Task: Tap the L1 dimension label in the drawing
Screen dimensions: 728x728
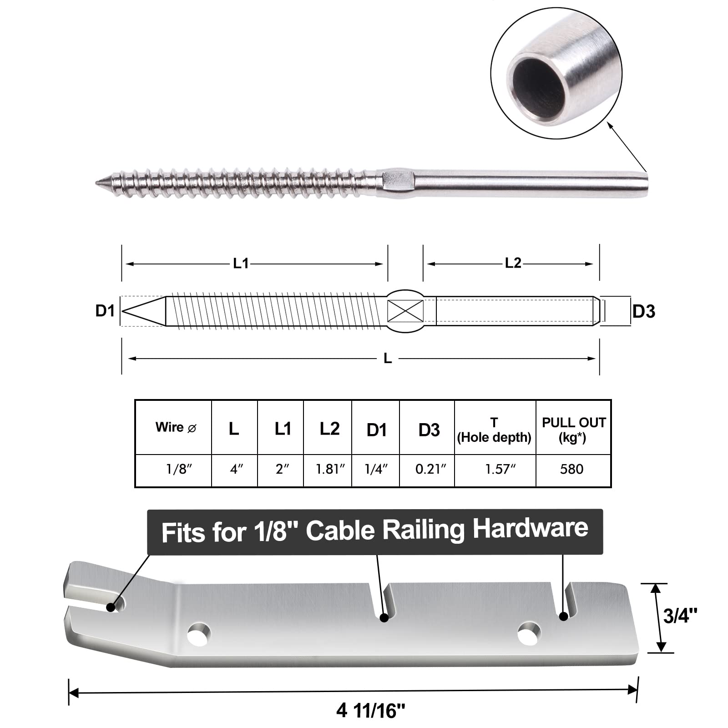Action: point(241,263)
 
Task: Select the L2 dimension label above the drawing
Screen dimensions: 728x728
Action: point(513,263)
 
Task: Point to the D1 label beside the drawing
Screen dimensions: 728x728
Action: point(105,311)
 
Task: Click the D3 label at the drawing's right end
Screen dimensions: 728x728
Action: point(644,312)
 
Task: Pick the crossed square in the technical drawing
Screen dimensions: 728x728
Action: point(405,311)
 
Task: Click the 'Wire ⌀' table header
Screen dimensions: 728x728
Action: point(176,428)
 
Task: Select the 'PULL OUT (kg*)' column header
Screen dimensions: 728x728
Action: point(573,430)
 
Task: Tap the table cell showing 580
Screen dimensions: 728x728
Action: point(571,469)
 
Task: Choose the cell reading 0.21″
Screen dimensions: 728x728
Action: point(430,469)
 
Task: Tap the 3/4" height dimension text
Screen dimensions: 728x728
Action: point(680,616)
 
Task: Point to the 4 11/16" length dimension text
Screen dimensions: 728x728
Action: point(371,710)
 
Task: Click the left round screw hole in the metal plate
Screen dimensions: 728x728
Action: point(199,633)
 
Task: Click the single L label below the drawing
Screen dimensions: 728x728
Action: point(388,359)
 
